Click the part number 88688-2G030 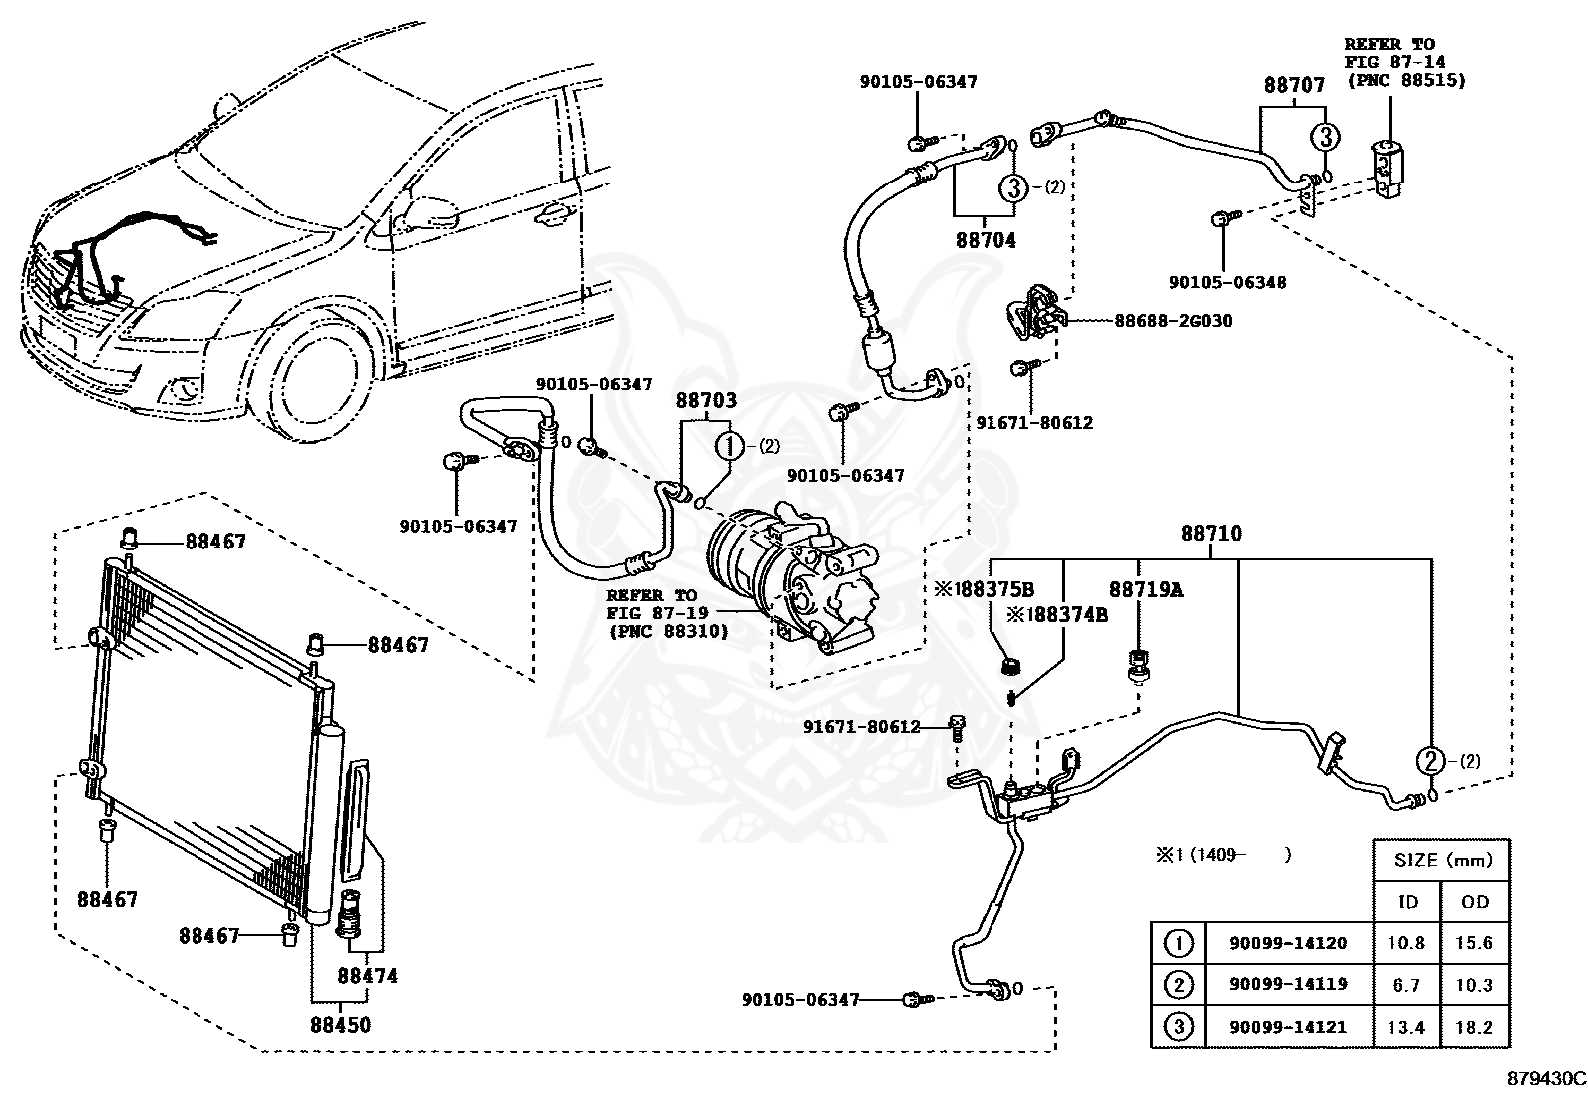coord(1173,321)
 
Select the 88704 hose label coord(986,241)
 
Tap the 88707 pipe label coord(1294,85)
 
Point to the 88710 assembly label coord(1212,534)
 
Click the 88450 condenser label coord(341,1025)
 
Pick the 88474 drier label coord(367,976)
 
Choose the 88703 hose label coord(706,400)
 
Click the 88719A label coord(1146,589)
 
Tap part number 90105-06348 coord(1227,282)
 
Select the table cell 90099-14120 coord(1288,943)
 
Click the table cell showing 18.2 coord(1474,1027)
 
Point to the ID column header coord(1407,902)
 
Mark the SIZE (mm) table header coord(1443,860)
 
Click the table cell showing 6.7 coord(1406,985)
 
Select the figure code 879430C coord(1546,1078)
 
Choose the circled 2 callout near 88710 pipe coord(1430,761)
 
